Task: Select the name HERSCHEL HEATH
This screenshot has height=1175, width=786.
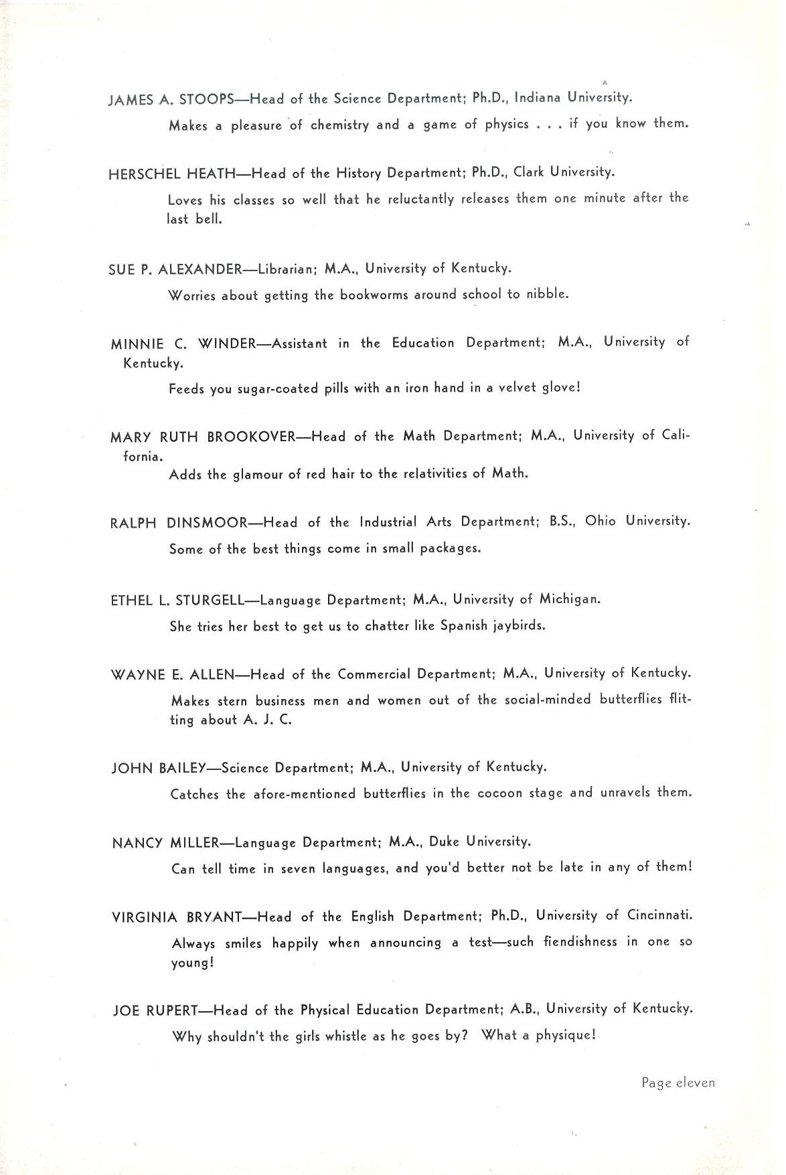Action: (172, 174)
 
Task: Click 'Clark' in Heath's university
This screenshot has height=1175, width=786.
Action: (529, 172)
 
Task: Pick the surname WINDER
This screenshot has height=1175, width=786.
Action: (228, 344)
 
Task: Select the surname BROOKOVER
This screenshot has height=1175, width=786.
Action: (251, 437)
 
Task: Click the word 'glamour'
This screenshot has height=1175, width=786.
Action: (258, 475)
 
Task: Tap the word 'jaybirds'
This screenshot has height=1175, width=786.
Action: (519, 627)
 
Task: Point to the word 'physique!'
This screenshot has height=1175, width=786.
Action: (566, 1036)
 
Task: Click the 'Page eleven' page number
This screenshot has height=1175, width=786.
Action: (678, 1083)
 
